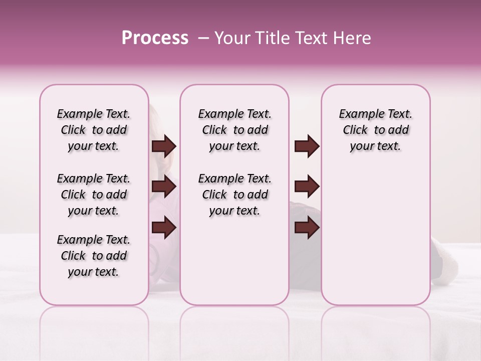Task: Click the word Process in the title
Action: click(x=155, y=38)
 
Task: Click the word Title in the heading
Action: click(x=272, y=38)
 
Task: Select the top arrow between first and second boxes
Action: click(x=164, y=146)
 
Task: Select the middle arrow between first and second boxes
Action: click(x=164, y=187)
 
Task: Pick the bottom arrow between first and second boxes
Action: click(x=164, y=228)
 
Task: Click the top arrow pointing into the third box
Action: click(x=307, y=146)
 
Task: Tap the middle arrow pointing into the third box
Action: click(x=307, y=187)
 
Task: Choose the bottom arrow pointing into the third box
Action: click(x=307, y=228)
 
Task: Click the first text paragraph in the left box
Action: click(x=94, y=130)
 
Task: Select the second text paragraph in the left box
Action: click(x=94, y=195)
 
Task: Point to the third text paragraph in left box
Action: click(x=94, y=256)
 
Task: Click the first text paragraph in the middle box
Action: click(x=234, y=130)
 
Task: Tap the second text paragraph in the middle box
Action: click(x=234, y=195)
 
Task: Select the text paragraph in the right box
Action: click(x=375, y=130)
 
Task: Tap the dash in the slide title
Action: click(x=203, y=38)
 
